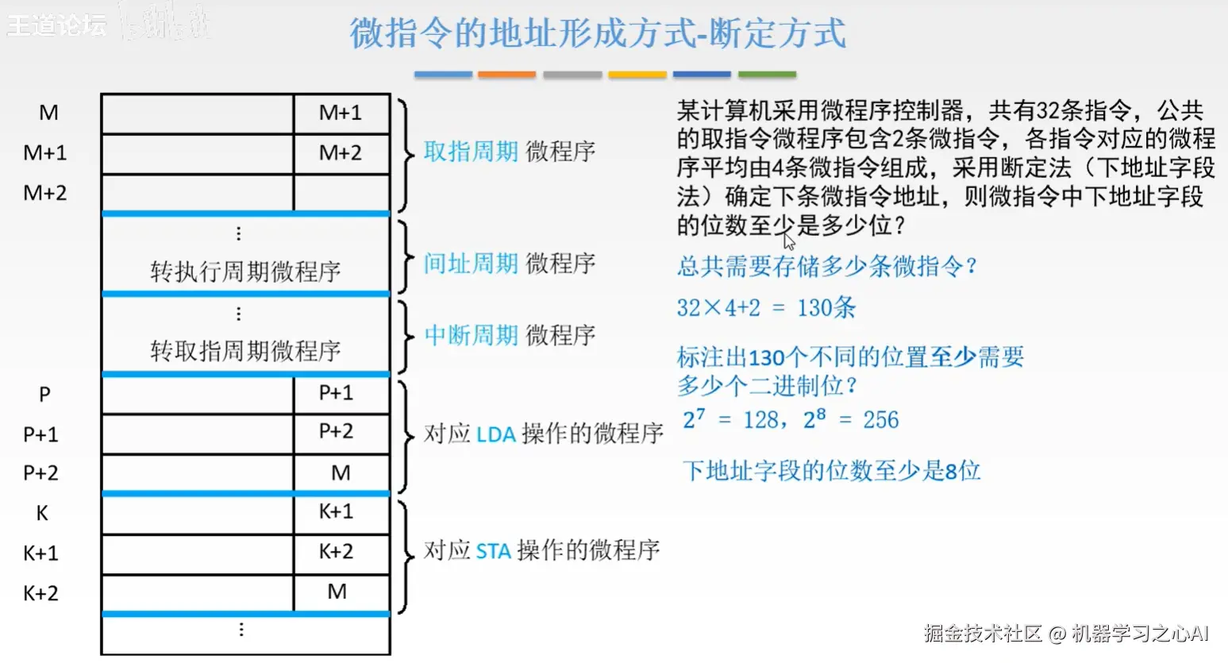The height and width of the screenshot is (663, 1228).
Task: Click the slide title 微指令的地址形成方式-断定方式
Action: [598, 33]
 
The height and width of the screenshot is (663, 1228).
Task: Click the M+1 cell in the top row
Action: [341, 113]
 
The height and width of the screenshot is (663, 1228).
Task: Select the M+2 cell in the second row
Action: [341, 152]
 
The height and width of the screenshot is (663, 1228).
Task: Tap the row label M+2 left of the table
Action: [45, 193]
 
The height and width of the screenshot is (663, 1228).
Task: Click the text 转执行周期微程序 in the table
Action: [245, 272]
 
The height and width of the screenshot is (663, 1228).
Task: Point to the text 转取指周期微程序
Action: [245, 350]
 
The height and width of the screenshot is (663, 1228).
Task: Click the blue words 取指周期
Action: [471, 152]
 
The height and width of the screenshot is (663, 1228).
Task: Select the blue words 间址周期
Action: [471, 264]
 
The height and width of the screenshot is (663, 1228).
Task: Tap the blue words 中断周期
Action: [471, 335]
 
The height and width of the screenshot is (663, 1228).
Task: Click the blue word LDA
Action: [496, 434]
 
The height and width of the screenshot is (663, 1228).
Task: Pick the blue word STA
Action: [493, 550]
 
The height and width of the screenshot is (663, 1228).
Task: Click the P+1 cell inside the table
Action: [336, 393]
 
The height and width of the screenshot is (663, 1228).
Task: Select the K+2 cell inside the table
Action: [336, 551]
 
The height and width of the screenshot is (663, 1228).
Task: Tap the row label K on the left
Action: [42, 514]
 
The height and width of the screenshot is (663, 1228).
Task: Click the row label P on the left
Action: [44, 395]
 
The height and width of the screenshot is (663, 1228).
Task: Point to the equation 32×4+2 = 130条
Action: [766, 308]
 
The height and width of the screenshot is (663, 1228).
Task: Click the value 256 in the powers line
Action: [880, 420]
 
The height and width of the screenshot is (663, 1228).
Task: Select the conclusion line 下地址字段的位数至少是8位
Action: [831, 471]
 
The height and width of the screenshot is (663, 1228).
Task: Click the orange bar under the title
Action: [506, 75]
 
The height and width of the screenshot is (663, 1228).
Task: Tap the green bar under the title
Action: [767, 75]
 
